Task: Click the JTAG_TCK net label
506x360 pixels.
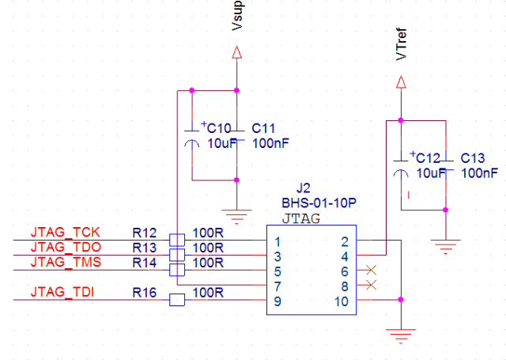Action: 65,233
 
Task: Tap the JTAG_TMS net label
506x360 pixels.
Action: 65,262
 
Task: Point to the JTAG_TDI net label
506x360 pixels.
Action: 63,294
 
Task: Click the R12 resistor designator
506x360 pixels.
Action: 145,233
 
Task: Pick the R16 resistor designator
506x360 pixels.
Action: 145,294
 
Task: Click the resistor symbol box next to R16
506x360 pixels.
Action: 178,300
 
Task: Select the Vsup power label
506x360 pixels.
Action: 238,17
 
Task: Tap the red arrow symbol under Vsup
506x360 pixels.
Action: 236,53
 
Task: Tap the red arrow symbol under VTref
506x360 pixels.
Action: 401,81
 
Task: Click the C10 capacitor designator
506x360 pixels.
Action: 219,128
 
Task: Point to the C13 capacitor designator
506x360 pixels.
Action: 474,158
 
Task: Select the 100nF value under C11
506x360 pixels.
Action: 270,143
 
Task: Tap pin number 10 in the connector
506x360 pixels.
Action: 341,301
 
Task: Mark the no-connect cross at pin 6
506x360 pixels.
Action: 372,271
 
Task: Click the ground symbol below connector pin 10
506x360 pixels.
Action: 403,335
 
